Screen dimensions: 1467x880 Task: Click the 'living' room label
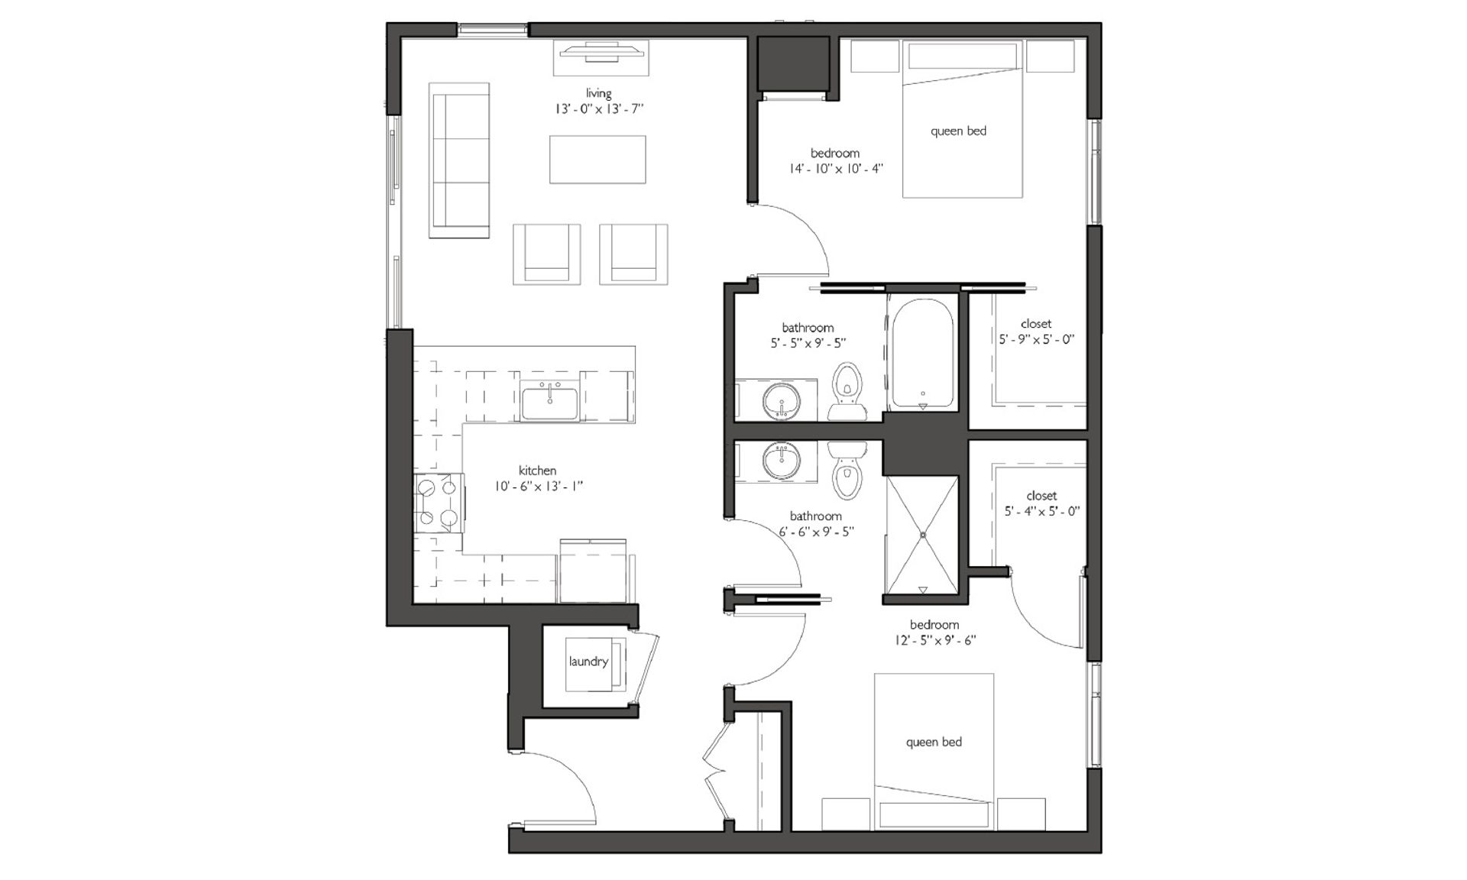tap(598, 93)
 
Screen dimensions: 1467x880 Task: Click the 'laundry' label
tap(588, 662)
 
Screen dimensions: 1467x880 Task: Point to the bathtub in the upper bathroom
tap(922, 354)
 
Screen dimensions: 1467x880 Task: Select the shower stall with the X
tap(921, 535)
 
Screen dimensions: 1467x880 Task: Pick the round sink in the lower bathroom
tap(782, 461)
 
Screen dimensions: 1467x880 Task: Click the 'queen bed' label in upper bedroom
tap(958, 131)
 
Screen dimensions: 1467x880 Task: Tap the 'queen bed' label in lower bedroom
tap(934, 742)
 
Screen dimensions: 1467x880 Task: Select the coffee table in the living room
tap(597, 160)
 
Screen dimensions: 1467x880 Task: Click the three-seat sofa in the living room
tap(459, 160)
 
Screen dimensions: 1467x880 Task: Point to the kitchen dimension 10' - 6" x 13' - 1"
tap(539, 486)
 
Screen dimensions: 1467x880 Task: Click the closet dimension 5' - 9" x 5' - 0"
tap(1036, 339)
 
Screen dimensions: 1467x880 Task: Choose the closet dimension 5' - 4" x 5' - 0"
tap(1041, 511)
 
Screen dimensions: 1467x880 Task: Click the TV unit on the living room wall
tap(601, 57)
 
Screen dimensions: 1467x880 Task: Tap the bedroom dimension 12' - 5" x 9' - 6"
tap(934, 640)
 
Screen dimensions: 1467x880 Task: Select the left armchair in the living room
tap(546, 254)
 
